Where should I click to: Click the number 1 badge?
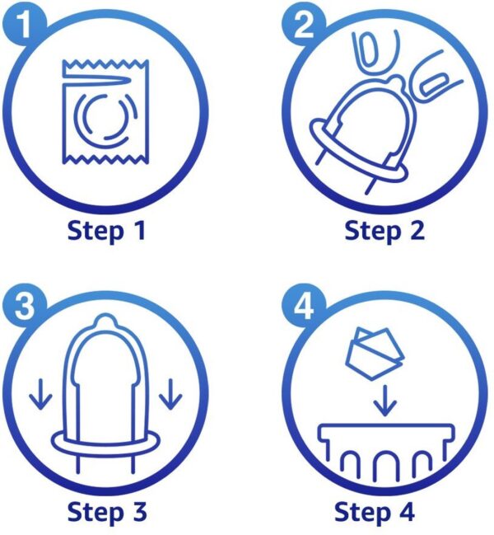click(24, 25)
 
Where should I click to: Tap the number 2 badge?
click(303, 25)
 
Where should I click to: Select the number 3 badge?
click(24, 305)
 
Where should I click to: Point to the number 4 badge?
click(303, 305)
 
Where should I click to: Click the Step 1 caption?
click(107, 231)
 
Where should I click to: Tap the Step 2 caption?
click(384, 231)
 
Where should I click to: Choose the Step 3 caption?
click(107, 512)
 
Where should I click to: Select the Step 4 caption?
click(375, 512)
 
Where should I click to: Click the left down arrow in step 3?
click(40, 394)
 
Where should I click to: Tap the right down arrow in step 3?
click(170, 394)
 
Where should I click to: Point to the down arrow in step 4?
click(384, 401)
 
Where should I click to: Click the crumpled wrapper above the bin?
click(375, 353)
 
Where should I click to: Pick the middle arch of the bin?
click(384, 465)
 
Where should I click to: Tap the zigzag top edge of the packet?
click(105, 63)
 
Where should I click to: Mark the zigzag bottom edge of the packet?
click(105, 158)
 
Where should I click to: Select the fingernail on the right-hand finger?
click(434, 84)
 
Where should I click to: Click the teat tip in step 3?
click(105, 320)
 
